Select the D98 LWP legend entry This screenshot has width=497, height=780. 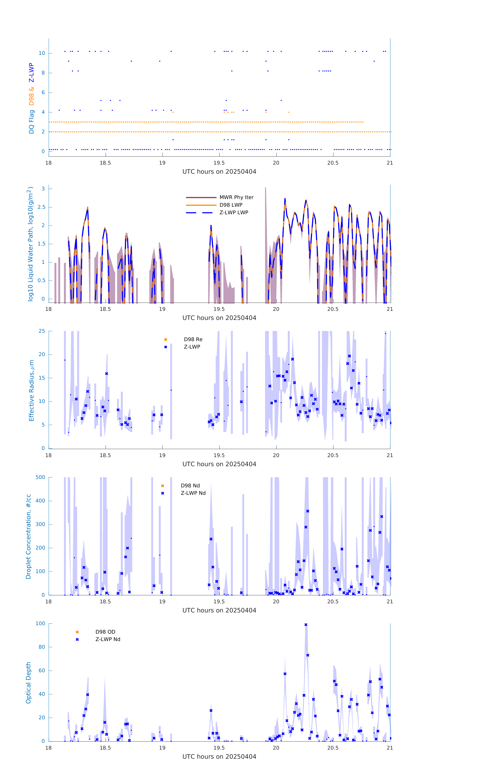[231, 205]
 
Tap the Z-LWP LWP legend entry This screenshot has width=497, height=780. [234, 213]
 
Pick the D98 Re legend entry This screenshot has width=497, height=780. [193, 339]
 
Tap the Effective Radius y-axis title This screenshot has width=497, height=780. [31, 390]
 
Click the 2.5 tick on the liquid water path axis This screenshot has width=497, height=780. [41, 207]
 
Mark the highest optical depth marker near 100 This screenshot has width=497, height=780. [306, 625]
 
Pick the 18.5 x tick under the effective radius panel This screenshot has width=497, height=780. [105, 455]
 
